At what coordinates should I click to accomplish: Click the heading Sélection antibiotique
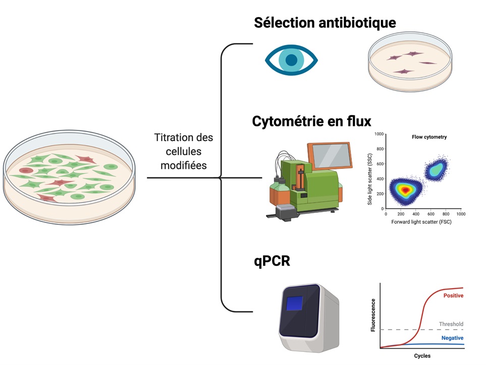pyautogui.click(x=325, y=23)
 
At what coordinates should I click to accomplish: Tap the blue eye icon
pyautogui.click(x=291, y=60)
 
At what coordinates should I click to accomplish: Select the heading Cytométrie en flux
pyautogui.click(x=311, y=121)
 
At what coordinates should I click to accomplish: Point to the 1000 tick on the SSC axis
pyautogui.click(x=379, y=134)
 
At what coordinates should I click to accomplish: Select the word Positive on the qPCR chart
pyautogui.click(x=453, y=296)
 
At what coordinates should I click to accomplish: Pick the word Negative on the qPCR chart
pyautogui.click(x=452, y=338)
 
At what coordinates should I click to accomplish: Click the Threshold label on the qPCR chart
pyautogui.click(x=451, y=324)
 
